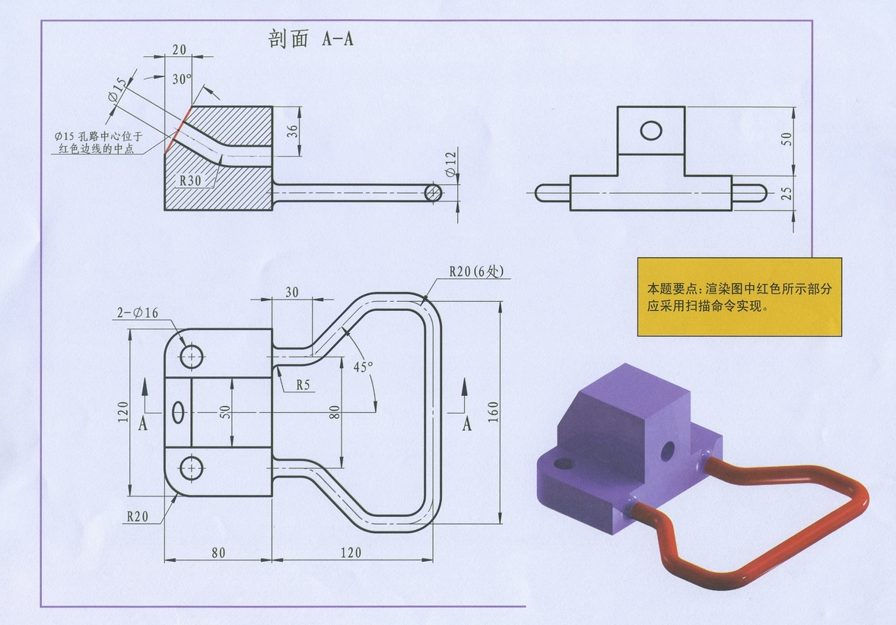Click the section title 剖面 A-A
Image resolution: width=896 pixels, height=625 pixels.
pos(311,39)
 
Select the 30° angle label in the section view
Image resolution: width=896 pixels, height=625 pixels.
pos(182,78)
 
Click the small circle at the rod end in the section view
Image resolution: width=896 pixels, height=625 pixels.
pos(433,192)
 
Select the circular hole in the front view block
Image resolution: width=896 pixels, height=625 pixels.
pos(651,131)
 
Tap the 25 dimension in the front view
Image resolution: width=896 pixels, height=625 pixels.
pos(786,195)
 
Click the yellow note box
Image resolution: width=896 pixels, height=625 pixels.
pos(739,297)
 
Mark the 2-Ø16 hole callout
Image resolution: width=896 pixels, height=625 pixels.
pos(137,313)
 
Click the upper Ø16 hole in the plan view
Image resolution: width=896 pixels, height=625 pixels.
pos(191,355)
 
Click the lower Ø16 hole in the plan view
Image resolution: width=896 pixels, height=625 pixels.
pos(191,467)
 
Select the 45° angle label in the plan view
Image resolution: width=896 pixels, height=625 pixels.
pos(363,366)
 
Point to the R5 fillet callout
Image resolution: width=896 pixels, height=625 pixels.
pos(303,385)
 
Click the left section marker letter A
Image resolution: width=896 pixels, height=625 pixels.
pos(143,424)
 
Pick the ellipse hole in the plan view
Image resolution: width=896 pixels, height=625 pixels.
pos(179,411)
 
